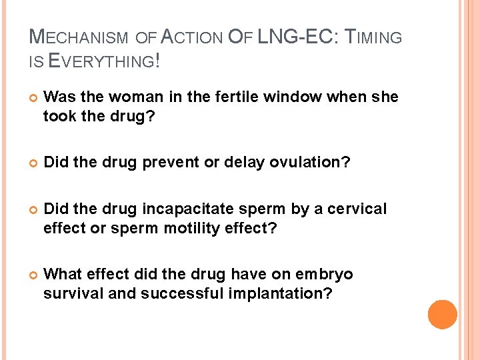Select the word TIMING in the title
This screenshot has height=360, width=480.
click(374, 37)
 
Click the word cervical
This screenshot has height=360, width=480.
click(361, 209)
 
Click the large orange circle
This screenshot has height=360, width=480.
click(442, 315)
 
